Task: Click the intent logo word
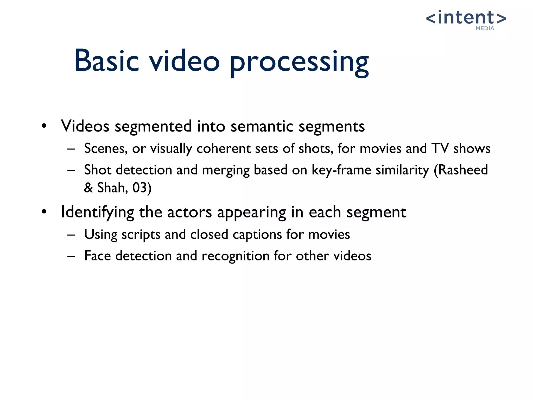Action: [x=466, y=18]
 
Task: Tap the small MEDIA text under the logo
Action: [x=485, y=28]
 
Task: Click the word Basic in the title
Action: [x=107, y=61]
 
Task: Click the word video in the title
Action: [x=184, y=61]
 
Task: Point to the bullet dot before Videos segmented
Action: [x=44, y=126]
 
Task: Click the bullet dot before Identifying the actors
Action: [x=44, y=212]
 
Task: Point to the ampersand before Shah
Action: [x=88, y=187]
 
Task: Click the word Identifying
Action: [x=97, y=213]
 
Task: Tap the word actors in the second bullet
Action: [x=189, y=212]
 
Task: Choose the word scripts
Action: [x=141, y=235]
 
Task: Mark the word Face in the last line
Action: [x=97, y=256]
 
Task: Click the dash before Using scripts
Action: [x=71, y=235]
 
